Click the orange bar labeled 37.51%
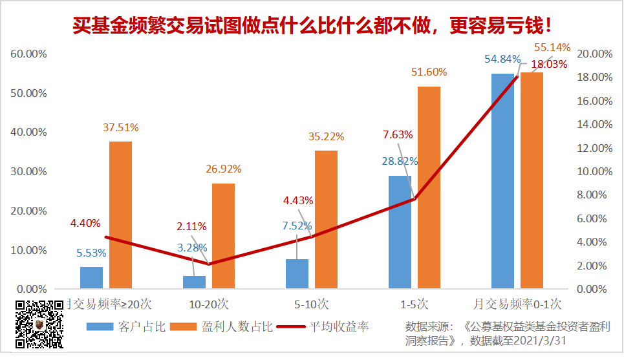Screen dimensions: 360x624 (120, 215)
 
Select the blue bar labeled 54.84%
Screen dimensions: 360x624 (502, 181)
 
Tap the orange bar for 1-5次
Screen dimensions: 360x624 (429, 187)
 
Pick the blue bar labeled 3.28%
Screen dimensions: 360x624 (194, 282)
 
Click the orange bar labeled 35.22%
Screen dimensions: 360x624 (326, 220)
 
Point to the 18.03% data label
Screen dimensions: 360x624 (549, 65)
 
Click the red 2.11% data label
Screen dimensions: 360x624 (191, 226)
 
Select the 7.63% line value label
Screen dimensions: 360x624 (398, 134)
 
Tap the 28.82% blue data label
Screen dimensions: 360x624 (400, 161)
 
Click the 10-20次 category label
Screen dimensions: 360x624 (209, 303)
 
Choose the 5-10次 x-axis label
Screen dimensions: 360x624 (312, 303)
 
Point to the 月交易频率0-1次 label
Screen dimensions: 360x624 (517, 303)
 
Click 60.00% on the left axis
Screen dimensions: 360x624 (29, 54)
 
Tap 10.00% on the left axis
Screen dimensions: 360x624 (29, 250)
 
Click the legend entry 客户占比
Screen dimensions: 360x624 (127, 326)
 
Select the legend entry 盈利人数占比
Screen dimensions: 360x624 (220, 326)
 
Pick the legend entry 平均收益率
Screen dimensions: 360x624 (323, 326)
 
